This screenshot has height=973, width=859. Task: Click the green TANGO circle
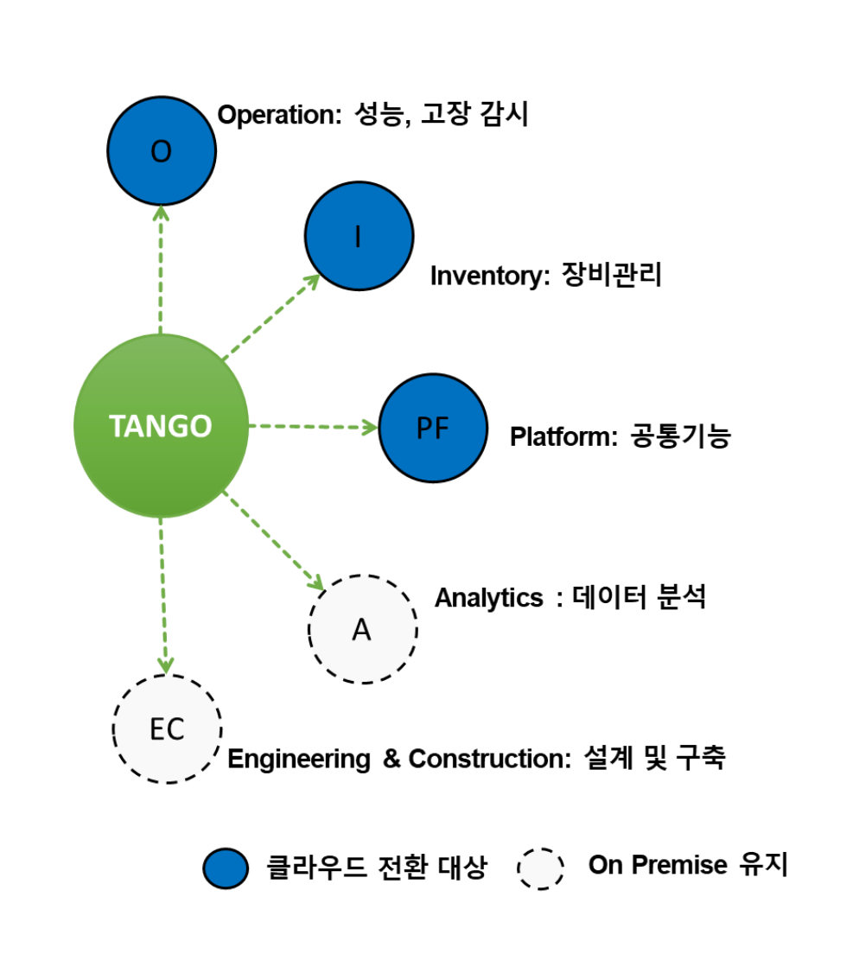161,426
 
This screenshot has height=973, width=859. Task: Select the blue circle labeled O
162,151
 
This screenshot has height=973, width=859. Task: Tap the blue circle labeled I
359,237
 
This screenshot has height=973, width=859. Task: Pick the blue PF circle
433,428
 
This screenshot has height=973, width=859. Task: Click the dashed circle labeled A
363,629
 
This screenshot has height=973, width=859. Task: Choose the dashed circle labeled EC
168,728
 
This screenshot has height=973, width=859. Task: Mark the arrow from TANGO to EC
163,596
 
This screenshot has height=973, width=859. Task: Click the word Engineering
299,760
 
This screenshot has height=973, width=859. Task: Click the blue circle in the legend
226,868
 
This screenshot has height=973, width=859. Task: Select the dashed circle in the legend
541,868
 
